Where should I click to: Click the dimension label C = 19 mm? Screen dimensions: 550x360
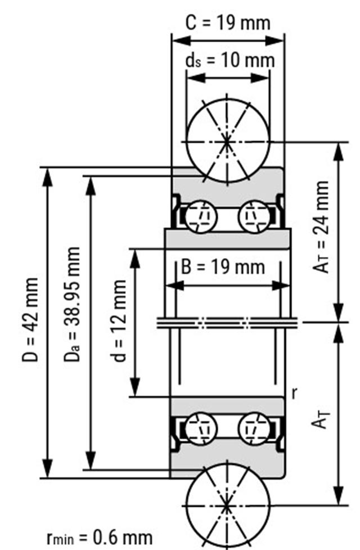click(x=228, y=23)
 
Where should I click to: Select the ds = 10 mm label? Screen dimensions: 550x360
click(x=230, y=60)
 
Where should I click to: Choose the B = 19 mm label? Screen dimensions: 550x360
click(x=223, y=267)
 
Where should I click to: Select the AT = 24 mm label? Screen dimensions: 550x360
click(x=322, y=227)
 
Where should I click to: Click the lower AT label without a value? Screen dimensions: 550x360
click(x=321, y=419)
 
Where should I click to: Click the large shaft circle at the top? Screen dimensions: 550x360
click(x=227, y=141)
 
